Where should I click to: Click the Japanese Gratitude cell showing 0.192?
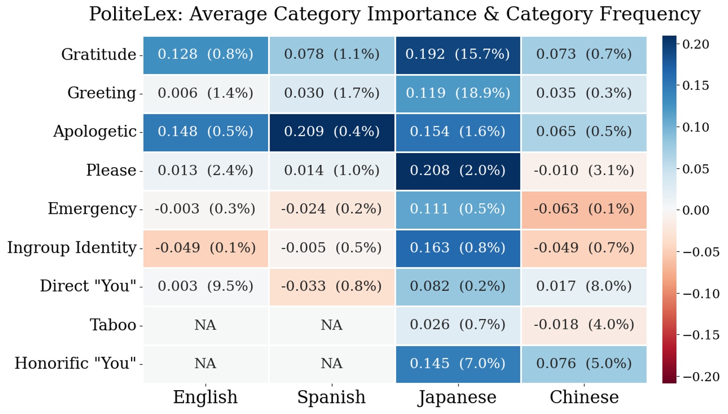point(458,54)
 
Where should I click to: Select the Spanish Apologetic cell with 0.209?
point(332,132)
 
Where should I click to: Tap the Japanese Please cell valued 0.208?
point(458,171)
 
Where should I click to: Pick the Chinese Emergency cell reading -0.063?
point(584,209)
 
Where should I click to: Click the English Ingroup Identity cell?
point(205,248)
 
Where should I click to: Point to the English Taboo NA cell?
point(205,325)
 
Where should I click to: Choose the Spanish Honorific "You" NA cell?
point(332,363)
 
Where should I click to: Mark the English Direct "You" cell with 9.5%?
point(205,286)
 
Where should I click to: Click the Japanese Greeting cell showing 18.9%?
point(458,93)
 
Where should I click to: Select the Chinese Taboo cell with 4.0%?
point(584,325)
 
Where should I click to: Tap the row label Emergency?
point(92,209)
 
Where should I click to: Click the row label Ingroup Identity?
point(72,248)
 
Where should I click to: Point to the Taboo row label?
point(113,325)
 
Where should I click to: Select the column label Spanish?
point(331,397)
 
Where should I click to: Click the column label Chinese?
point(584,397)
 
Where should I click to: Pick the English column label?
point(205,397)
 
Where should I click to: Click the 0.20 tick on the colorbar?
point(695,44)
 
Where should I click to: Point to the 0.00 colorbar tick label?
point(695,210)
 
